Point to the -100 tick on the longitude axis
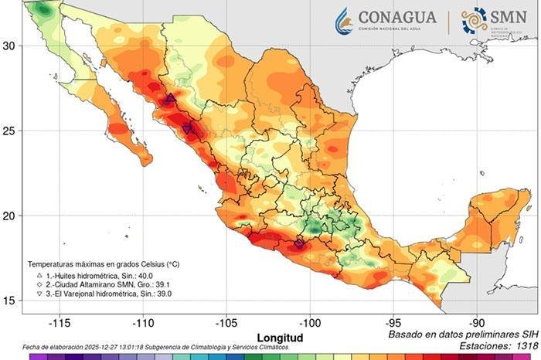310,323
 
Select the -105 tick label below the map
226,323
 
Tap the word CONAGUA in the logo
397,16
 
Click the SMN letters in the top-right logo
507,17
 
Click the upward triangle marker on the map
170,99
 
